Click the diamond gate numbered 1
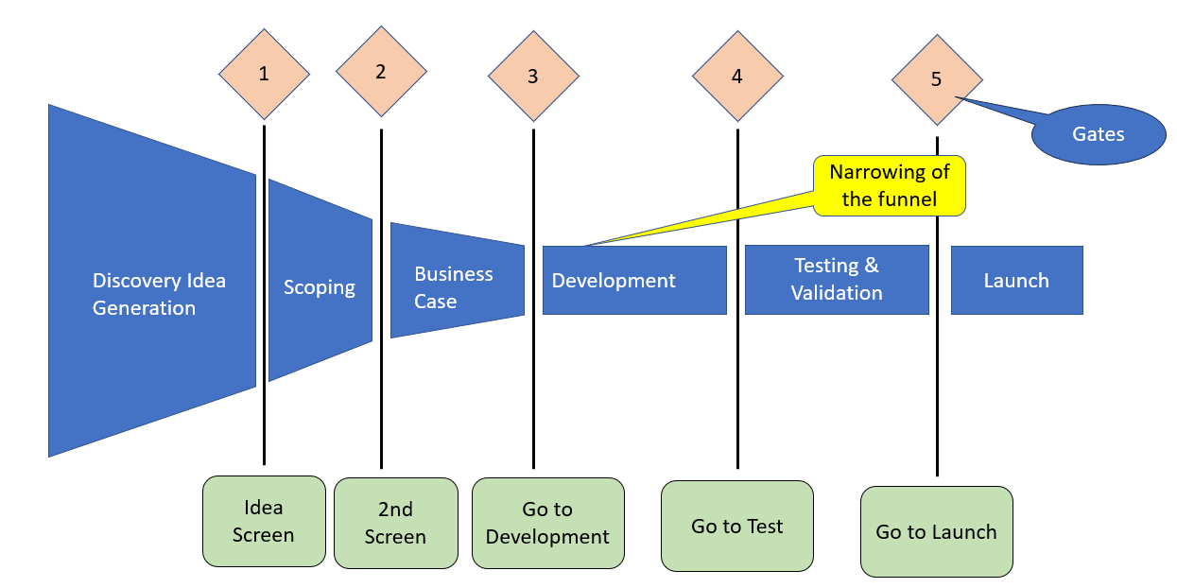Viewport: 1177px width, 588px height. pos(265,74)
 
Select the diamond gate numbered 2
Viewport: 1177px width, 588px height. pos(382,72)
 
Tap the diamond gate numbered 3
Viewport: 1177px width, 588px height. pos(533,77)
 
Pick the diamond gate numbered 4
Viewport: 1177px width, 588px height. pos(737,77)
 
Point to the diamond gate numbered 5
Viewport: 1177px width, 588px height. pos(938,79)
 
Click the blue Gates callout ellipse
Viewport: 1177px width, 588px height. pos(1099,134)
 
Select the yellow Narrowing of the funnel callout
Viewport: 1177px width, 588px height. pos(889,185)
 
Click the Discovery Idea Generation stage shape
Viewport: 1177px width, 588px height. pos(152,281)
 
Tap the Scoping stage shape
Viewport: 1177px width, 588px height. pos(320,281)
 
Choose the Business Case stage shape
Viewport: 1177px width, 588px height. pos(458,281)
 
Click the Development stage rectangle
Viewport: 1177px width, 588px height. pos(634,280)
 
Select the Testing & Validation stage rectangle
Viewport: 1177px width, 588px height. pos(837,280)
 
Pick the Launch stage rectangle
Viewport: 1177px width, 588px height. pos(1016,280)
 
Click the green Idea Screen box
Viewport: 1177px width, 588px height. pos(264,521)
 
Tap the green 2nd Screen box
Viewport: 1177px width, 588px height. pos(396,523)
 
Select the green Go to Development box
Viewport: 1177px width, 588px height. pos(548,523)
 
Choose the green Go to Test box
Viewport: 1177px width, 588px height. pos(737,526)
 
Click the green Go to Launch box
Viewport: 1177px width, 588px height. pos(937,532)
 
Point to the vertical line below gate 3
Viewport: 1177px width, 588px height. pos(533,299)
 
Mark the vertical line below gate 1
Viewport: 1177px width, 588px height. pos(265,295)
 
